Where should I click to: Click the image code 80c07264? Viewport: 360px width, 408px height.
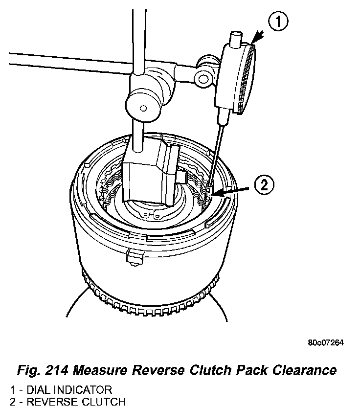tap(325, 342)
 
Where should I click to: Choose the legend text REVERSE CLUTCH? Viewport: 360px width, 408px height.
tap(68, 402)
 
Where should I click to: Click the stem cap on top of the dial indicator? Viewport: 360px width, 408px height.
tap(236, 37)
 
